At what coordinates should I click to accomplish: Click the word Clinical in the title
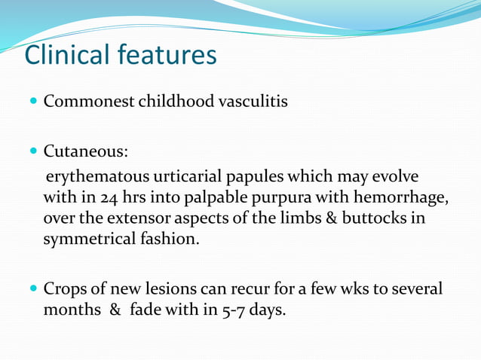tap(66, 55)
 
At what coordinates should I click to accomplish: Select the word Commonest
tap(88, 101)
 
